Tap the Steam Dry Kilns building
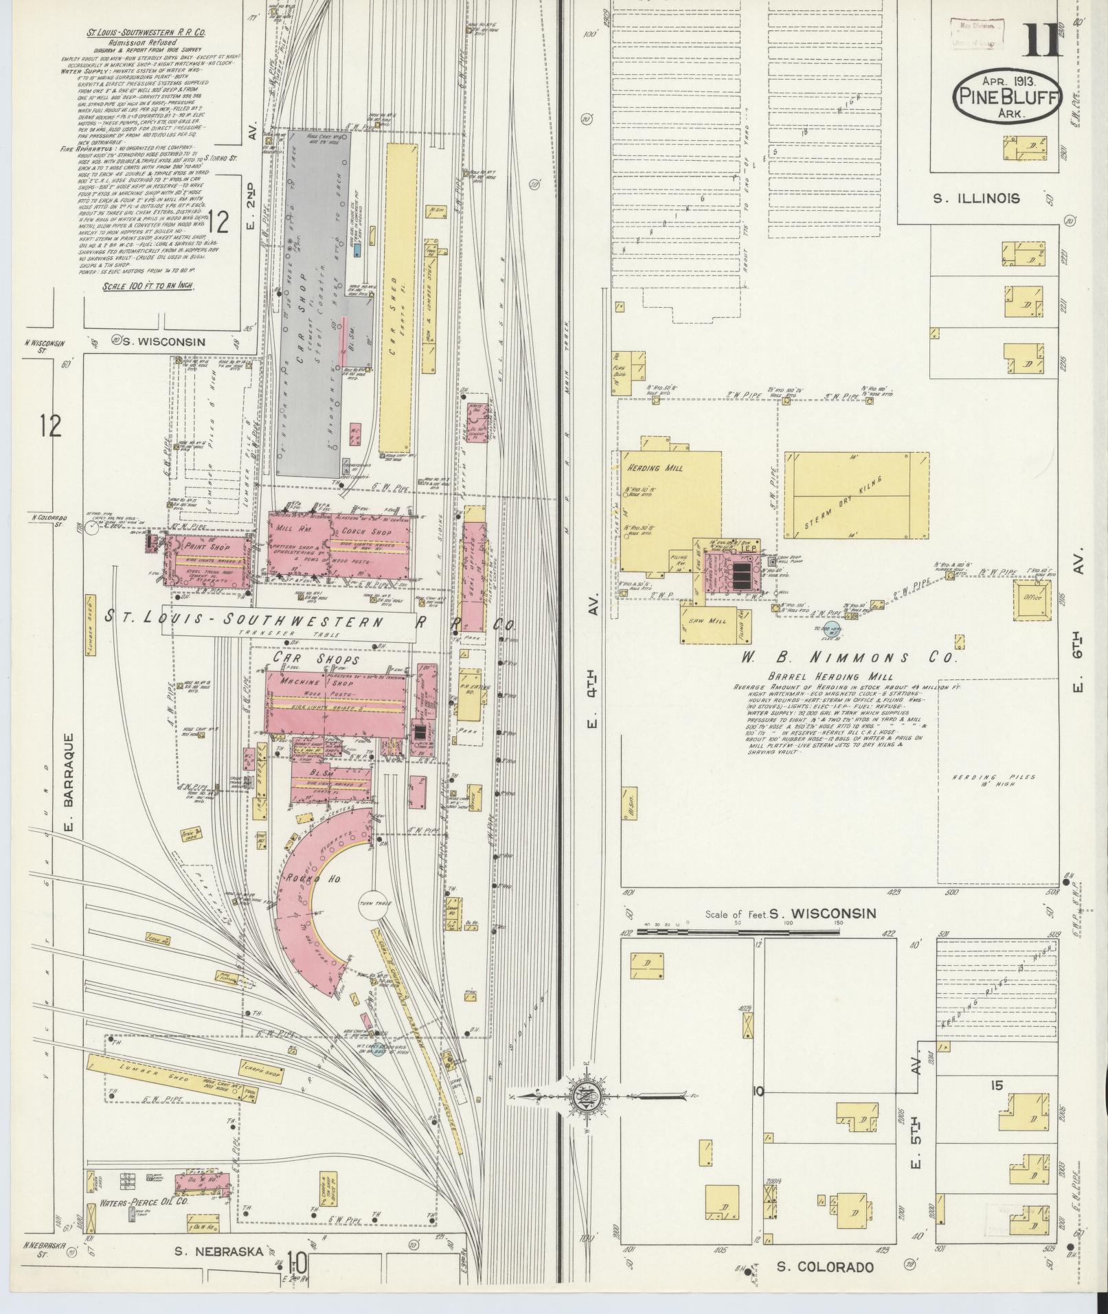tap(857, 495)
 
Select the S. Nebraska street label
tap(218, 1251)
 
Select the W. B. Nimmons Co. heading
tap(848, 657)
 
